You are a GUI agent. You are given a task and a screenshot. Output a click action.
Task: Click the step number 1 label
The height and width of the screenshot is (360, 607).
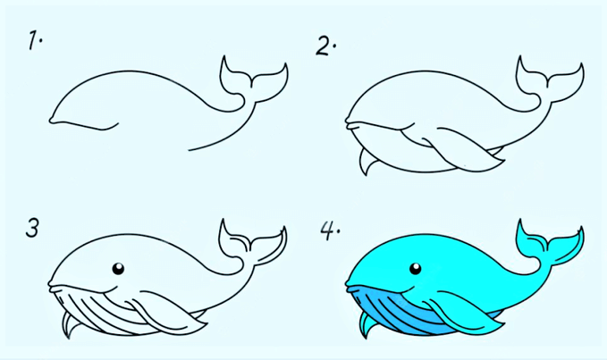click(34, 41)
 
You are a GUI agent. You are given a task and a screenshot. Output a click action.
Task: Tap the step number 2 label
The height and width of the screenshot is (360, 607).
click(325, 46)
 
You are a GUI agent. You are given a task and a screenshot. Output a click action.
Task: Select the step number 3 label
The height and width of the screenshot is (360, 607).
click(32, 228)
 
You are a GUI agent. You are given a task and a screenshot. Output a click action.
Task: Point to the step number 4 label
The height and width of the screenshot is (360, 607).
click(329, 230)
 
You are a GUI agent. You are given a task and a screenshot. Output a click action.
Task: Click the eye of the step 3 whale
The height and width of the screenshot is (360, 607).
click(118, 268)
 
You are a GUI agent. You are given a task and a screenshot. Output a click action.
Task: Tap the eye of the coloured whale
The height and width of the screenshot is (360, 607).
click(415, 268)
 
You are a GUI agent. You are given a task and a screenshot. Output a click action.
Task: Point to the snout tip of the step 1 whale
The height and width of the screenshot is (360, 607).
click(51, 120)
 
